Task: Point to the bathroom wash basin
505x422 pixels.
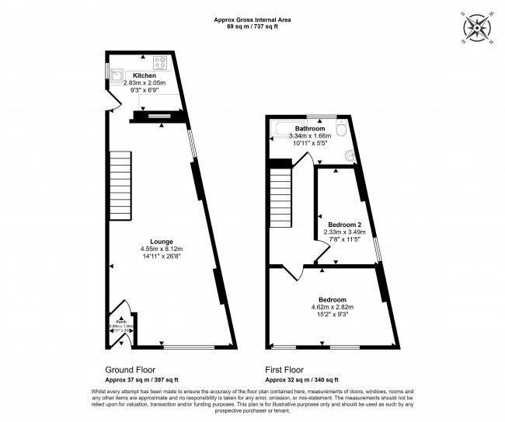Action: click(351, 155)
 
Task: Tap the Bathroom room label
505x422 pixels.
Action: click(309, 129)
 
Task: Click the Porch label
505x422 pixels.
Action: click(121, 320)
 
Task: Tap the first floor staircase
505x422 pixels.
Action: click(281, 199)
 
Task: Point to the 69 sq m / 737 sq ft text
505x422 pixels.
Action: click(247, 27)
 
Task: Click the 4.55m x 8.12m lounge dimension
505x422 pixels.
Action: click(162, 249)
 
